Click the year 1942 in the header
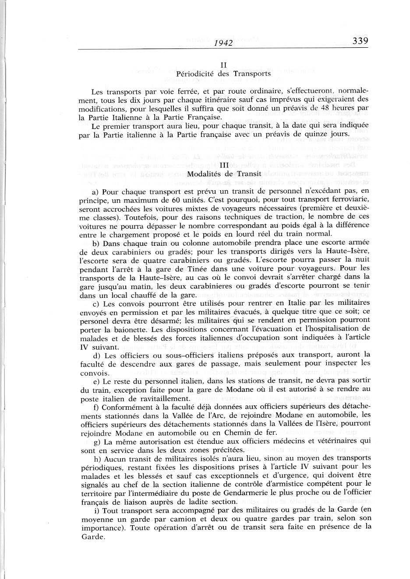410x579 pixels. click(x=223, y=43)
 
